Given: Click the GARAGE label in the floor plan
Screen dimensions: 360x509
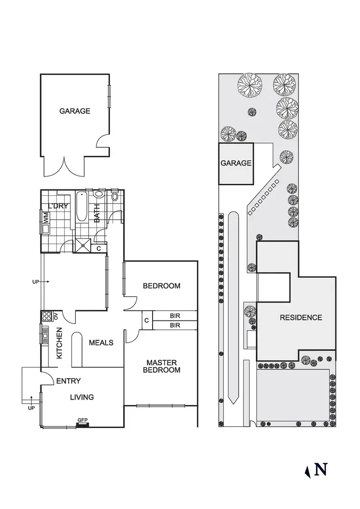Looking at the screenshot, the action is (74, 111).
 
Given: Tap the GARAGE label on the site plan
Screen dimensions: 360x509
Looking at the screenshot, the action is (236, 163).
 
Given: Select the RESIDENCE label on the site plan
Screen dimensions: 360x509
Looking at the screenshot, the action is (301, 318).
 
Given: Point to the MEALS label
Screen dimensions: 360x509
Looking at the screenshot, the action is (101, 343).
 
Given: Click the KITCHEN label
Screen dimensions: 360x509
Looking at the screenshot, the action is (60, 343).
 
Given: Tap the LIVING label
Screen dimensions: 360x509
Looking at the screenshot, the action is (82, 397).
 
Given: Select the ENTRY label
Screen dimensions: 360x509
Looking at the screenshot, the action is (68, 381).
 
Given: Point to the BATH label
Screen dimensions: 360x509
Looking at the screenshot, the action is (97, 214).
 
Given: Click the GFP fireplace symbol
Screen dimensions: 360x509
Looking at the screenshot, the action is (83, 422).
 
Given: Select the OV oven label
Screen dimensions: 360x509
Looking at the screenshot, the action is (56, 316).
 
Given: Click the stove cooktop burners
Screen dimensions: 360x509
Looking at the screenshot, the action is (47, 316).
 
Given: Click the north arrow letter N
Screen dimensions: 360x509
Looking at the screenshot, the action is (321, 469).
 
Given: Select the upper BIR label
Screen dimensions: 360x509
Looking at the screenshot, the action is (175, 316).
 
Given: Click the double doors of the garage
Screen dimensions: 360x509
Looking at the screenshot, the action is (63, 167).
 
